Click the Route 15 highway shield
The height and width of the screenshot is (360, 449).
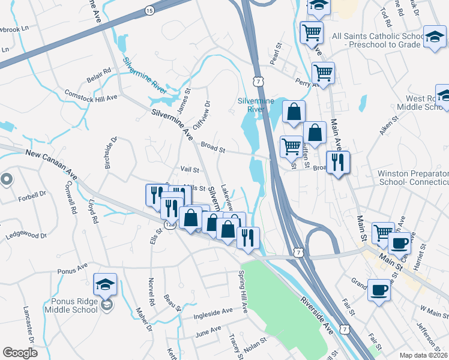point(149,10)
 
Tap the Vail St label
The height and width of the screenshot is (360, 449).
point(190,170)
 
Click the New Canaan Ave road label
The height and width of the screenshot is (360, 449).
point(52,164)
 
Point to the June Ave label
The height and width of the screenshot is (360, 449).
point(208,330)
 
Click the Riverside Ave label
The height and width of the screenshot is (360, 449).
point(317,312)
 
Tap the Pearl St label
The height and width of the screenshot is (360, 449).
point(277,50)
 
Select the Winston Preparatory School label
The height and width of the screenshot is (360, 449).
point(413,178)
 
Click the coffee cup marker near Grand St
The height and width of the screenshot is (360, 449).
point(378,290)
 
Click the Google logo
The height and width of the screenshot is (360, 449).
point(20,353)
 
